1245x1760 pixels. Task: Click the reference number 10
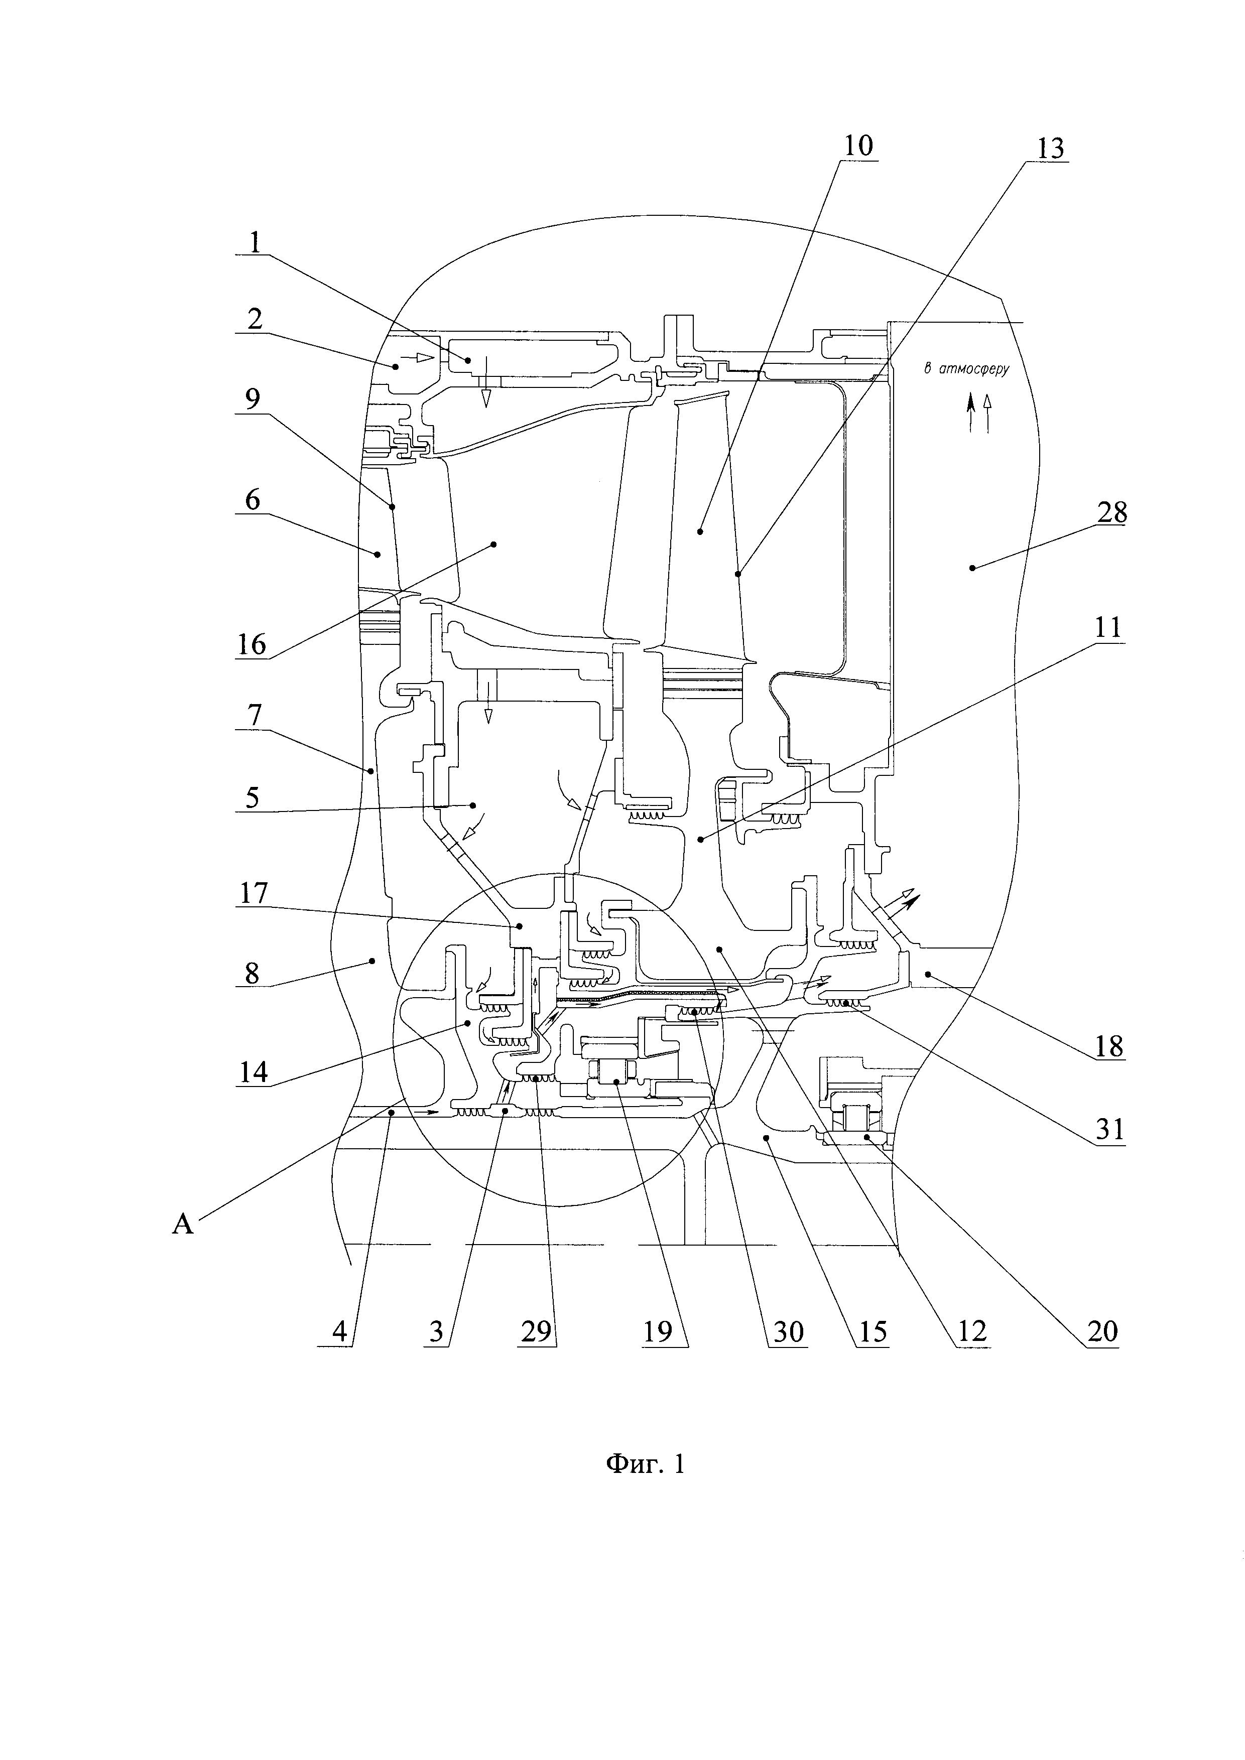[858, 146]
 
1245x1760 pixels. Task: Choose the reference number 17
[254, 892]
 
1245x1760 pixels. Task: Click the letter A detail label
[182, 1224]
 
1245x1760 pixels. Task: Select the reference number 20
[1102, 1331]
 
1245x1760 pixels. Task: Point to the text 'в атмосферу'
[966, 369]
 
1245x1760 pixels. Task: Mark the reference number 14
[254, 1071]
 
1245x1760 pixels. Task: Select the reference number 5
[253, 797]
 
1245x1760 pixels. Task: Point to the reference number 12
[971, 1331]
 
